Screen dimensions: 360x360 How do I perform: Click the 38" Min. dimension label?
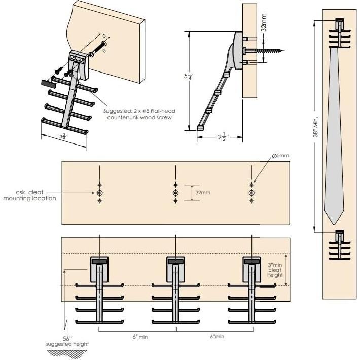pyautogui.click(x=315, y=126)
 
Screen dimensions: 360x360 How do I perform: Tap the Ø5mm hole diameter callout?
pyautogui.click(x=280, y=156)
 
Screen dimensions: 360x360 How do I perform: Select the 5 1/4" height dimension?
pyautogui.click(x=186, y=79)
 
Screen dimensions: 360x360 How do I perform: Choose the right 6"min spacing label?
pyautogui.click(x=215, y=337)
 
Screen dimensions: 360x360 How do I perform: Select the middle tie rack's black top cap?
pyautogui.click(x=175, y=262)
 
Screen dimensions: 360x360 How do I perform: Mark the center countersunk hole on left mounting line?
pyautogui.click(x=100, y=193)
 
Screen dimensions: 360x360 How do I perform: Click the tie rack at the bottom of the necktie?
pyautogui.click(x=339, y=243)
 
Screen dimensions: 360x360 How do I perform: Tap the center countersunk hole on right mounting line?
pyautogui.click(x=251, y=193)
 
